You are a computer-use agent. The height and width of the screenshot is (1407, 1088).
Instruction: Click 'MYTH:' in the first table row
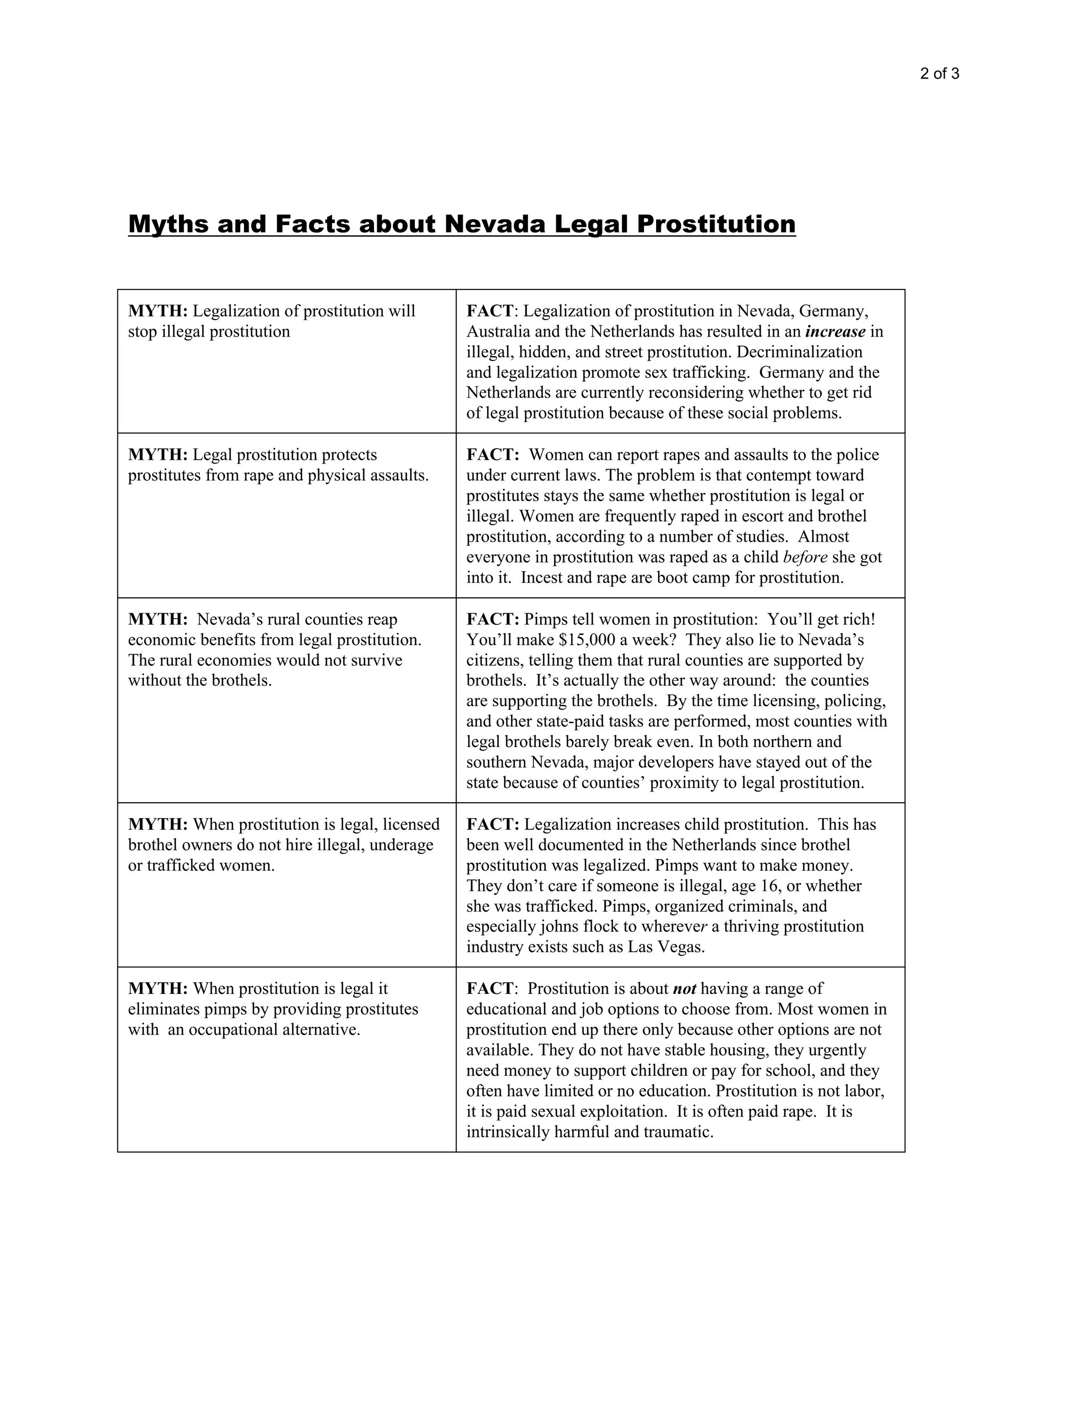point(158,311)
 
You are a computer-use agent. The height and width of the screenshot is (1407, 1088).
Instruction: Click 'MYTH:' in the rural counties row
point(158,619)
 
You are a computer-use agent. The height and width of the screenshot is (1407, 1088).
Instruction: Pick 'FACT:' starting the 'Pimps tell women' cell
point(492,619)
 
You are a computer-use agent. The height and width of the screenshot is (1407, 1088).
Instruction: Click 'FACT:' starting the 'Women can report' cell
point(492,455)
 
